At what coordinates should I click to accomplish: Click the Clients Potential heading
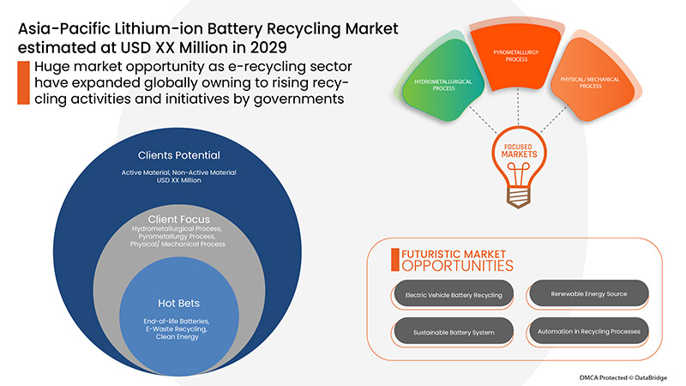click(x=179, y=156)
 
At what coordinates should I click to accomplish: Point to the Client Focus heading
click(x=179, y=219)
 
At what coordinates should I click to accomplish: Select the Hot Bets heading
click(x=179, y=302)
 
